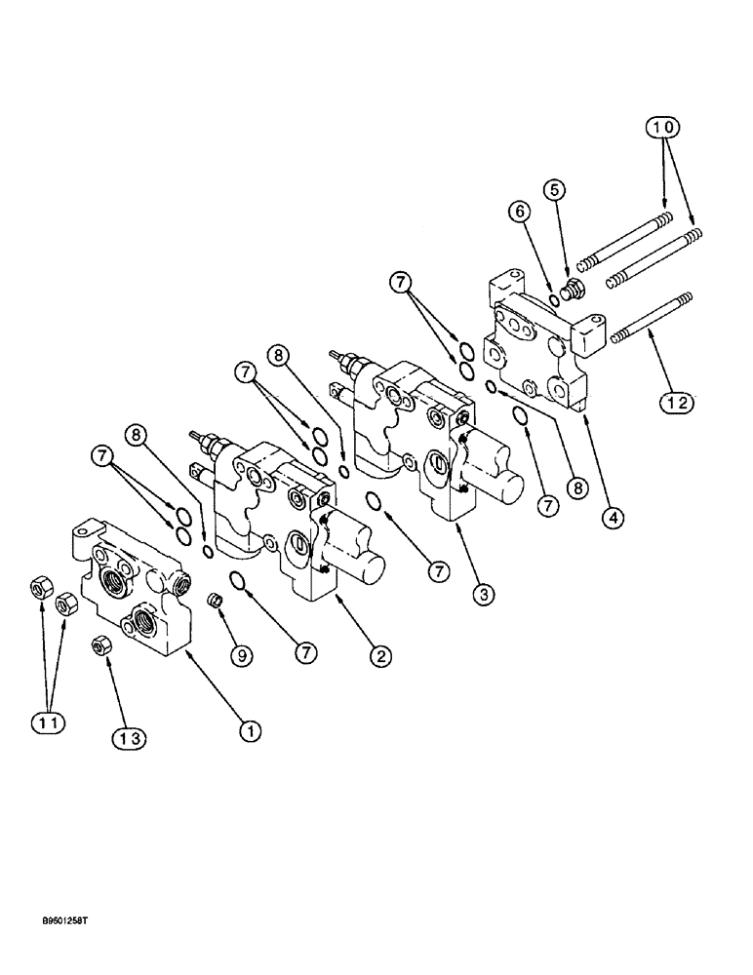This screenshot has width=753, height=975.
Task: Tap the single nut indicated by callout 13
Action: click(x=99, y=645)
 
